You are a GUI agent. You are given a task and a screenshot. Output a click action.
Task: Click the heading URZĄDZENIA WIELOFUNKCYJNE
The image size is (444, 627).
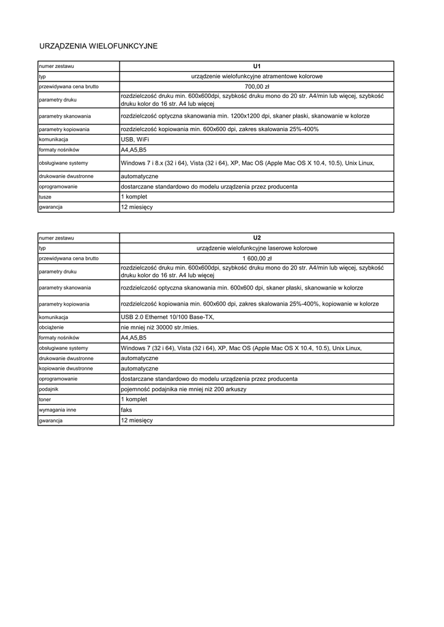[98, 46]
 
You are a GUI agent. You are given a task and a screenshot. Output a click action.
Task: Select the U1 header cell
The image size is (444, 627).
[257, 66]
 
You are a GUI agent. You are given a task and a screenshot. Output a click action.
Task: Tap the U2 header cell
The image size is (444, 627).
[257, 237]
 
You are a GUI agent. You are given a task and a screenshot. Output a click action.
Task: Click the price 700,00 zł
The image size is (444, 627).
[257, 87]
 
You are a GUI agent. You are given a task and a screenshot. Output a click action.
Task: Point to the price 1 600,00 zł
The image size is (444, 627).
[257, 258]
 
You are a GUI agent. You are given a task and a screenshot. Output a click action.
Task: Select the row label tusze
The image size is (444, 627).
[45, 197]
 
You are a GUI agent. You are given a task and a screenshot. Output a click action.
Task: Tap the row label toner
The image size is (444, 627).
[45, 399]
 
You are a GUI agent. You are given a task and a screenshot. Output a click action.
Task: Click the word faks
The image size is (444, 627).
[126, 410]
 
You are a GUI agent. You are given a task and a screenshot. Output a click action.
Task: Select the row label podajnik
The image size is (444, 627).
[49, 389]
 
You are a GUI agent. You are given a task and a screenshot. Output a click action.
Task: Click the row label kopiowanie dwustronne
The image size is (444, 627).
[66, 369]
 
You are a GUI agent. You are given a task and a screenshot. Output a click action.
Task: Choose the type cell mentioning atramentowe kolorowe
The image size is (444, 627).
[257, 77]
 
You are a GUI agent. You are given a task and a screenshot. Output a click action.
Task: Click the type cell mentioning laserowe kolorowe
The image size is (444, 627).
[257, 248]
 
